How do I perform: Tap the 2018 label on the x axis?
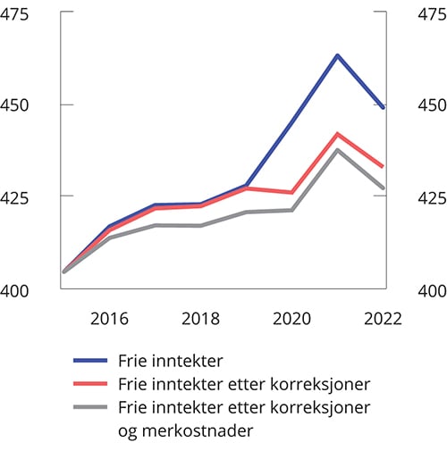point(201,319)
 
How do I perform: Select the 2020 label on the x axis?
point(293,319)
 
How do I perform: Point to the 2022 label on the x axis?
point(382,319)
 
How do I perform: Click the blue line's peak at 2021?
point(338,55)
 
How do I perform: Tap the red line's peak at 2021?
point(338,134)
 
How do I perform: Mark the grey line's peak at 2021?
point(338,150)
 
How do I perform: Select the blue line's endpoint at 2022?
point(384,107)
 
